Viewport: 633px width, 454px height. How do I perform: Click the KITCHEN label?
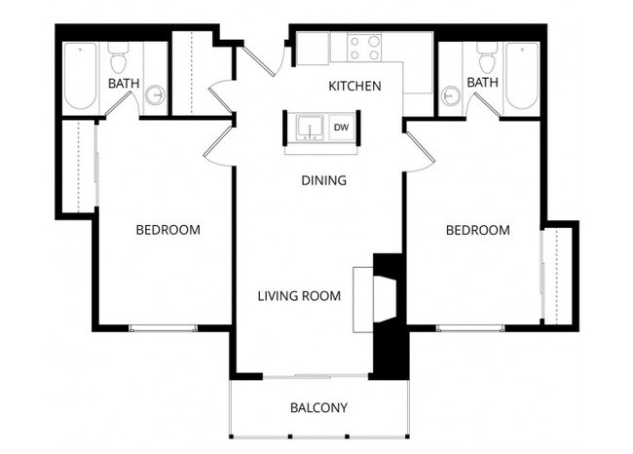[354, 86]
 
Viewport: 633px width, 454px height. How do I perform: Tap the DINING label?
[323, 180]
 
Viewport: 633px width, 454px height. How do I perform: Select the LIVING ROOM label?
[299, 295]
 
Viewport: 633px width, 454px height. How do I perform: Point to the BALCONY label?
[318, 407]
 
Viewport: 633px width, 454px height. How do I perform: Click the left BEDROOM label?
[168, 230]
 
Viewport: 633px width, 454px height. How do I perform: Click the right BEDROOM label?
[477, 230]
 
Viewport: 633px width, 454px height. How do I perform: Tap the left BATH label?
[123, 84]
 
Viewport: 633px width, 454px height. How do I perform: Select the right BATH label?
[482, 83]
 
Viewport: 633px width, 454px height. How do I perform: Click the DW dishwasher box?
[342, 127]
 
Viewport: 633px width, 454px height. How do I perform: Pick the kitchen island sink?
[310, 128]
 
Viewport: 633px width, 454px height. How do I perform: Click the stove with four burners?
[365, 48]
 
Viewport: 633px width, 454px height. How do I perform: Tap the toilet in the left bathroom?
[119, 59]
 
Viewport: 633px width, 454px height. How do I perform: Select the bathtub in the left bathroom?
[80, 75]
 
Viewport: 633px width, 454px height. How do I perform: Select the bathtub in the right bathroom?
[521, 75]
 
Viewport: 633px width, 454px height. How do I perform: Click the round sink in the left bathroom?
[155, 95]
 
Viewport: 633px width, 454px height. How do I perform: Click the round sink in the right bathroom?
[450, 95]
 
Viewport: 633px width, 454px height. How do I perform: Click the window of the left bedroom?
[163, 328]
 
